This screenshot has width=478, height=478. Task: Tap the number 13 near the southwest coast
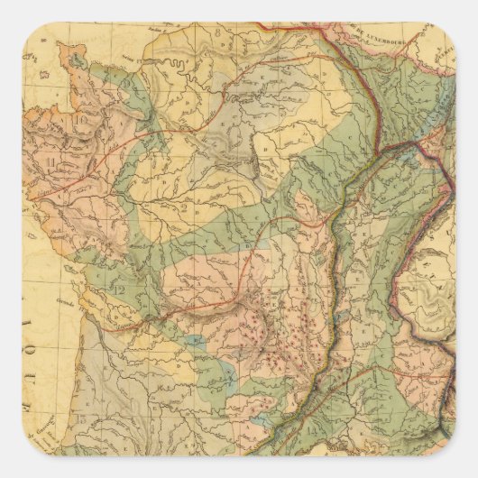(83, 417)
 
